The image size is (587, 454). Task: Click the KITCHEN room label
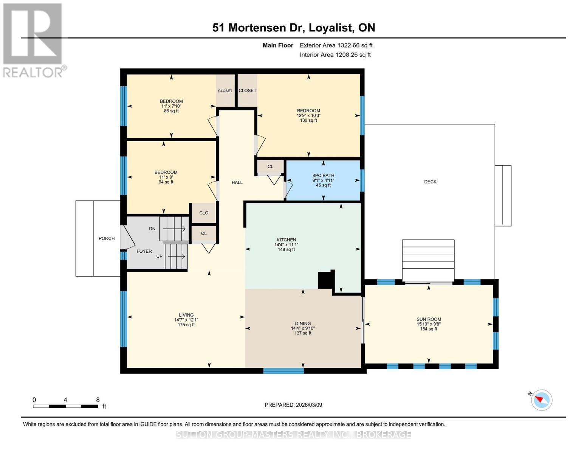286,239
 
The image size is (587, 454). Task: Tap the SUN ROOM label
428,319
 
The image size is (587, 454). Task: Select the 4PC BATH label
323,175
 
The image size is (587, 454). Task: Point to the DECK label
430,182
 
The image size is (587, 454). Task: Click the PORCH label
107,238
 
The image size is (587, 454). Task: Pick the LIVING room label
186,315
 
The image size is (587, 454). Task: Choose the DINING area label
303,323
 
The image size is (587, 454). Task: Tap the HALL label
237,182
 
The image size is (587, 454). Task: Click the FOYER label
144,251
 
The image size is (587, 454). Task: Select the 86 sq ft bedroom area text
171,111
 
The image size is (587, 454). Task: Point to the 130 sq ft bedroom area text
308,120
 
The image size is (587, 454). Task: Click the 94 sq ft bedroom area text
166,182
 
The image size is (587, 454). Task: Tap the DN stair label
152,229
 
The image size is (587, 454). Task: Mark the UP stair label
160,256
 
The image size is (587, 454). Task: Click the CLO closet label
204,213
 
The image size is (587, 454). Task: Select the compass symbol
541,400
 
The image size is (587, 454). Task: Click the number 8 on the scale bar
98,400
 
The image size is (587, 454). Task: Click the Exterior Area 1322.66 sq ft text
336,45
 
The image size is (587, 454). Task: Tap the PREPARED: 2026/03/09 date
293,405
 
